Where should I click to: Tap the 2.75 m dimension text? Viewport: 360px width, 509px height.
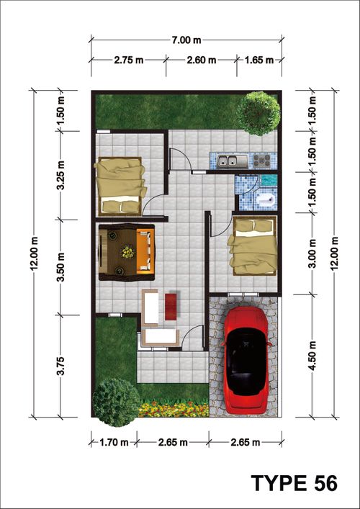pyautogui.click(x=129, y=60)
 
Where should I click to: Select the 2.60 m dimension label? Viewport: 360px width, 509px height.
pyautogui.click(x=202, y=60)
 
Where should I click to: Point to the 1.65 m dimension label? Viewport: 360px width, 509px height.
pyautogui.click(x=258, y=60)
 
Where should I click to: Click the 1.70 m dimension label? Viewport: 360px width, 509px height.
pyautogui.click(x=114, y=442)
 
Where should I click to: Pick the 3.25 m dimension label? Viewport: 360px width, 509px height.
pyautogui.click(x=61, y=175)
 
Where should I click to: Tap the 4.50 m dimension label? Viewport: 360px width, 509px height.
pyautogui.click(x=312, y=356)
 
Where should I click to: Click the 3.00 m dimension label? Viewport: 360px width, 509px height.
pyautogui.click(x=312, y=253)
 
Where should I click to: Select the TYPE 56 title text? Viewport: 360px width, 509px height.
pyautogui.click(x=294, y=483)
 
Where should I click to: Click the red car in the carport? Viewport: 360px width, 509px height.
pyautogui.click(x=246, y=360)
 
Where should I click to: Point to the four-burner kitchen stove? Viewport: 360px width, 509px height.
pyautogui.click(x=261, y=161)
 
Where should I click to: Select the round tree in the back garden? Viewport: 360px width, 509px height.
pyautogui.click(x=258, y=113)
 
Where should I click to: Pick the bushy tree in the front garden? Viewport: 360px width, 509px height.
pyautogui.click(x=112, y=402)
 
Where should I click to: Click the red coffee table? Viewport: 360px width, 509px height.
pyautogui.click(x=171, y=307)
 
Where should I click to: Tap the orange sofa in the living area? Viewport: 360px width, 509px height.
pyautogui.click(x=145, y=251)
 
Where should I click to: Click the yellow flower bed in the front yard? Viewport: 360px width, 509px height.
pyautogui.click(x=174, y=410)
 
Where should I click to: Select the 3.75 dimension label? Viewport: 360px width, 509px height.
pyautogui.click(x=61, y=366)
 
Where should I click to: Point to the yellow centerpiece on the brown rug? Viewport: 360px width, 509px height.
pyautogui.click(x=127, y=252)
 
